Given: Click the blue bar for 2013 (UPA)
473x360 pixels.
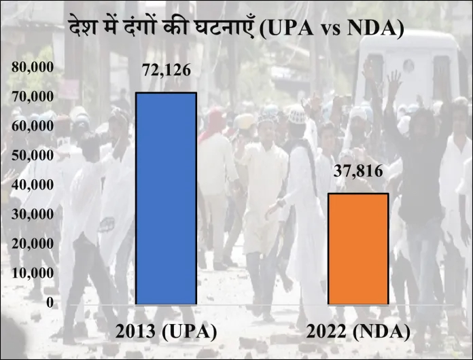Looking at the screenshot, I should pos(166,198).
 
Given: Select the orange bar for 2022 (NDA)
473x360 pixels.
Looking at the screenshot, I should pos(358,249).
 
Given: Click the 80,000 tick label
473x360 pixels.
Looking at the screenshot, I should pos(33,67).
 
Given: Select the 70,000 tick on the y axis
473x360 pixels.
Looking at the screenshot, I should pos(33,96).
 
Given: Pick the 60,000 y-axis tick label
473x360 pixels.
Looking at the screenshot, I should pos(33,126).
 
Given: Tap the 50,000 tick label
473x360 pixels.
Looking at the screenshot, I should pos(33,156).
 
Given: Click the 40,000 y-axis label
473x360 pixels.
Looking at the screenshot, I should pos(33,185).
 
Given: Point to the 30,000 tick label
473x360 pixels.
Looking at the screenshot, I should pos(33,214).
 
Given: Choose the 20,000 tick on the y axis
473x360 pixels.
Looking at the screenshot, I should pos(33,243).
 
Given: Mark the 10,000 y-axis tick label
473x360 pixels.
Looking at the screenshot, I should pos(33,272).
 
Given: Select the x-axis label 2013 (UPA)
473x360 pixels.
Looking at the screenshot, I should pos(166,333).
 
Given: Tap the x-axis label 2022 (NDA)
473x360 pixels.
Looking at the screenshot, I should pos(358,333).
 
